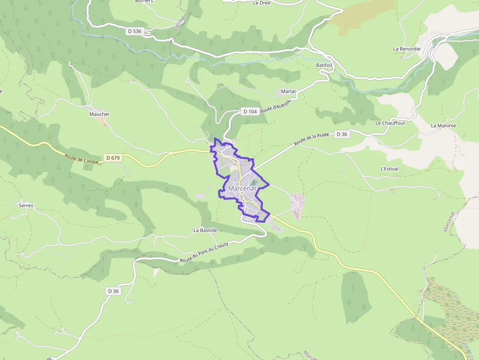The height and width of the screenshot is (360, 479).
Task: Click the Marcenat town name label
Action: (x=243, y=189)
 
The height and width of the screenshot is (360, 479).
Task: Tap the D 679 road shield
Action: (x=112, y=158)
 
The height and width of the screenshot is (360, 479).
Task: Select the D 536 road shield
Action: (x=134, y=31)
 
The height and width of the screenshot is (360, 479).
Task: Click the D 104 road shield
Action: (x=250, y=112)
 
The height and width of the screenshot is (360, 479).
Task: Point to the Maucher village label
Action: (x=99, y=114)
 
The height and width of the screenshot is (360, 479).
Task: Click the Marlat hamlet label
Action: (x=289, y=91)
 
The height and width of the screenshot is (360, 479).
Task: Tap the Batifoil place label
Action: (x=325, y=65)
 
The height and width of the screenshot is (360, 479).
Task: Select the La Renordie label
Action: (x=407, y=49)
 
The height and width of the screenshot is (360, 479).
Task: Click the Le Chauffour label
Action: (x=390, y=123)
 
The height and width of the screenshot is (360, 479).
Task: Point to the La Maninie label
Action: (x=443, y=126)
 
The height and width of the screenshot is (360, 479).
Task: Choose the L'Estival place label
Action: (x=389, y=169)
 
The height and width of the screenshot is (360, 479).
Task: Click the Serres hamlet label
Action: (x=26, y=206)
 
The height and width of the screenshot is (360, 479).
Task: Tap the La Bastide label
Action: (x=205, y=230)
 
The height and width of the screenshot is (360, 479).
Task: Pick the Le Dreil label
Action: (x=262, y=3)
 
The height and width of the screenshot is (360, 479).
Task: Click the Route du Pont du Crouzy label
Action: (x=204, y=254)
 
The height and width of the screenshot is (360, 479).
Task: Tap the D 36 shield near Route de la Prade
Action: (x=342, y=134)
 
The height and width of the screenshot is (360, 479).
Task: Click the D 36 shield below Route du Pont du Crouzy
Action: (x=113, y=291)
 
